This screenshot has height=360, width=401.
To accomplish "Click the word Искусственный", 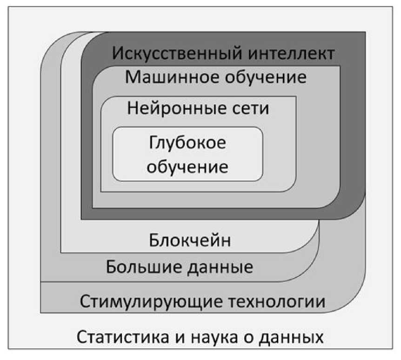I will tap(176, 53).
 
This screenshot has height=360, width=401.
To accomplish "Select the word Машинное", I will tap(165, 77).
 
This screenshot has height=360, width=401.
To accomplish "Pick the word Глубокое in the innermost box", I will tap(187, 143).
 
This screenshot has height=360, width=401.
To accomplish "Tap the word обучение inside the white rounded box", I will tap(187, 166).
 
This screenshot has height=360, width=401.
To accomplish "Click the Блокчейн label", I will tap(190, 241).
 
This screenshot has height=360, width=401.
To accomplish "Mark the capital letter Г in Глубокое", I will tap(153, 143).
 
